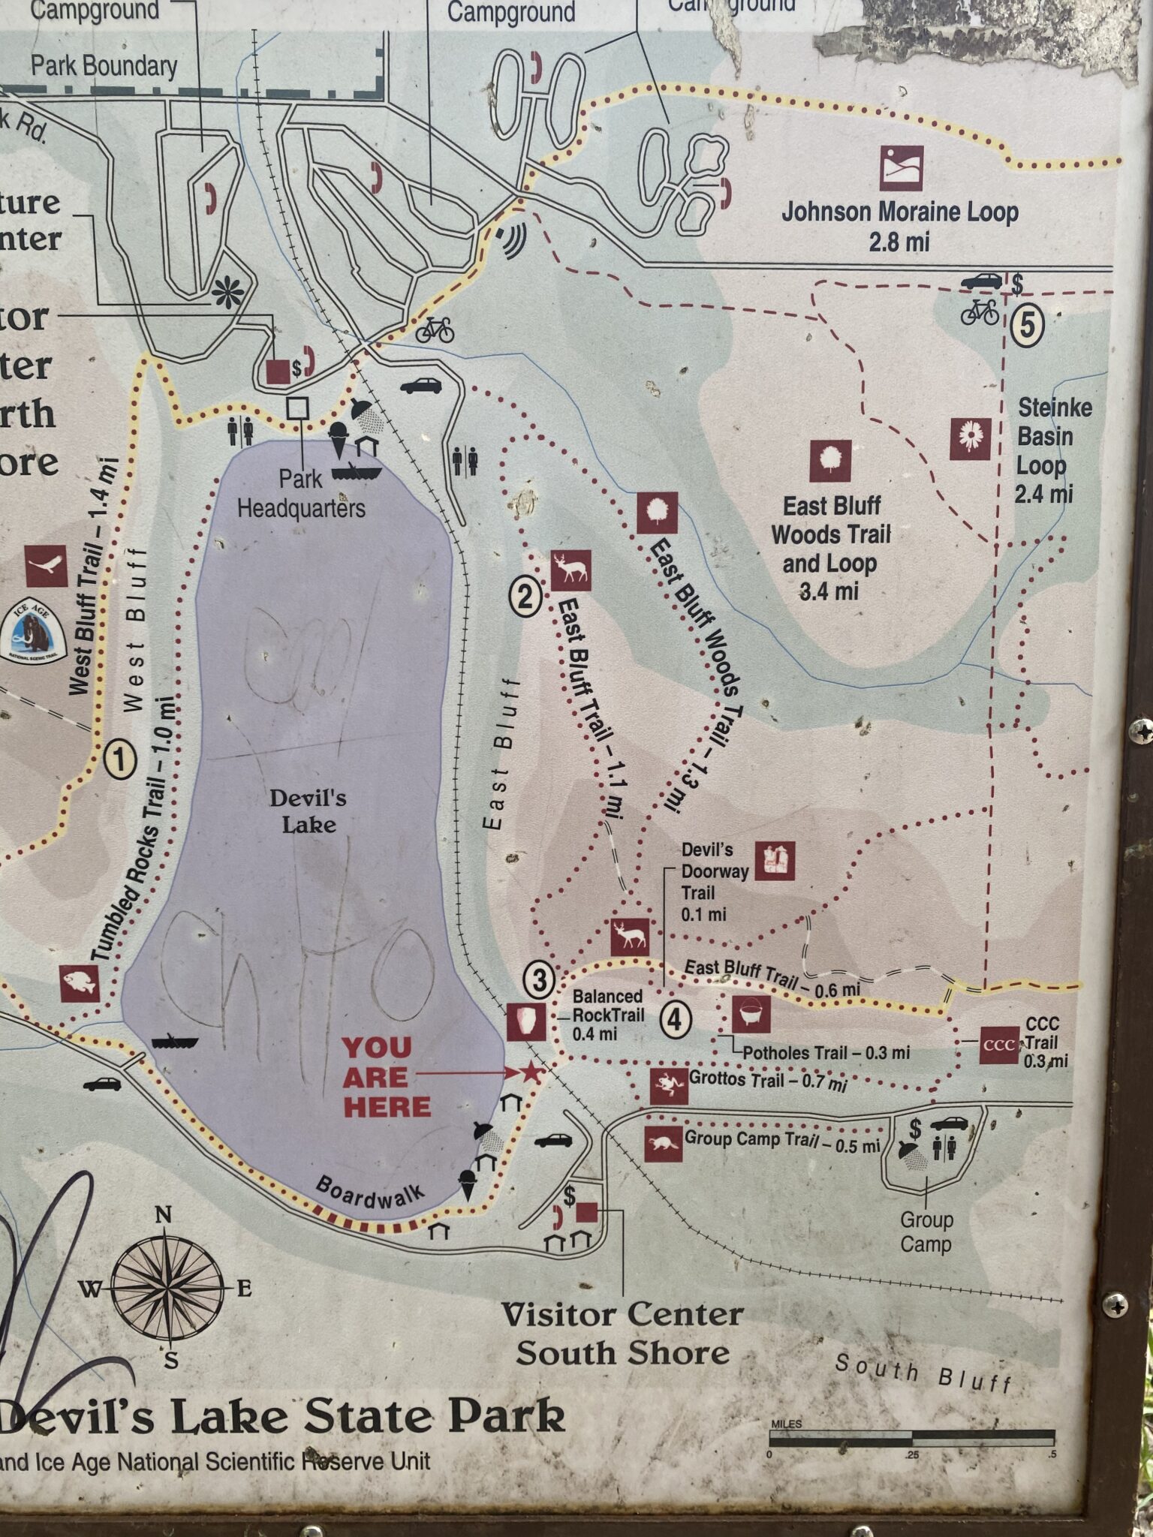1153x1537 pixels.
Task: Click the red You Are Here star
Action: (531, 1072)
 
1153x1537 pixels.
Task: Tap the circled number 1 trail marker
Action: (120, 760)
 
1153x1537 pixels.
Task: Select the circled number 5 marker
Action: (1026, 325)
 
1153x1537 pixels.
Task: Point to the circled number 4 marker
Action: (675, 1020)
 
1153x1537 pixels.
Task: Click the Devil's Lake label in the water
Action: (308, 811)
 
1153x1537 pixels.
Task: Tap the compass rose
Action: (169, 1289)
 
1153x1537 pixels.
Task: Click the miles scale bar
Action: (911, 1439)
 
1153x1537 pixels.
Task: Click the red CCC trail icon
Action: (999, 1045)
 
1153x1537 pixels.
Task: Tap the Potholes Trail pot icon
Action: (751, 1015)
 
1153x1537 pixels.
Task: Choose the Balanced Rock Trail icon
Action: (525, 1021)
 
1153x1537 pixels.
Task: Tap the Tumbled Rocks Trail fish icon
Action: (80, 983)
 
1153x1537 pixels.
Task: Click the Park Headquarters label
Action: (301, 494)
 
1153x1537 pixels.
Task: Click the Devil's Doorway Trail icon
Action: (775, 861)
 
